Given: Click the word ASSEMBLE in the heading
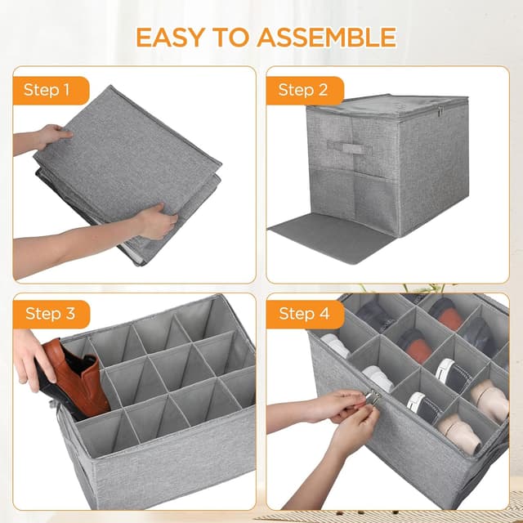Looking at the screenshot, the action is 327,37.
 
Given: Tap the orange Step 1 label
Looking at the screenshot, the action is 51,91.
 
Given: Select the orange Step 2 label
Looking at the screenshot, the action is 305,91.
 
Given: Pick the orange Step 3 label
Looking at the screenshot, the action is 51,314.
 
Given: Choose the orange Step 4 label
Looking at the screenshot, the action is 305,314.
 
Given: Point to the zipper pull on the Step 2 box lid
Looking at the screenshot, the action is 440,111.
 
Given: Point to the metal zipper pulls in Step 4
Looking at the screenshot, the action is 373,397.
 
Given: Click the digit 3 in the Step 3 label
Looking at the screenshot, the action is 70,314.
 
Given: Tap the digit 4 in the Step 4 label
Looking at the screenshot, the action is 324,314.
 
